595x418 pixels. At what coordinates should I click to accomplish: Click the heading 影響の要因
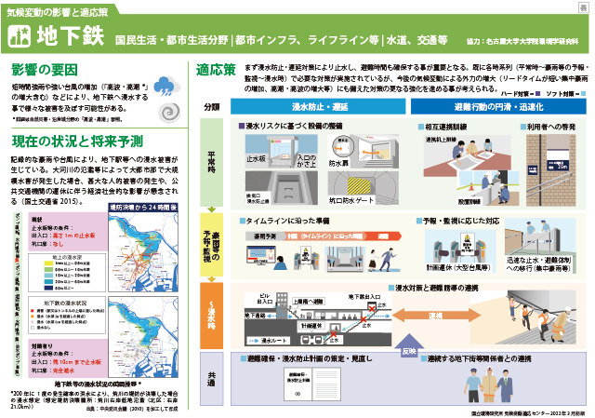[x=46, y=70]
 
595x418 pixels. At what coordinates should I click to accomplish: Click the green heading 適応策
[x=216, y=70]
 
